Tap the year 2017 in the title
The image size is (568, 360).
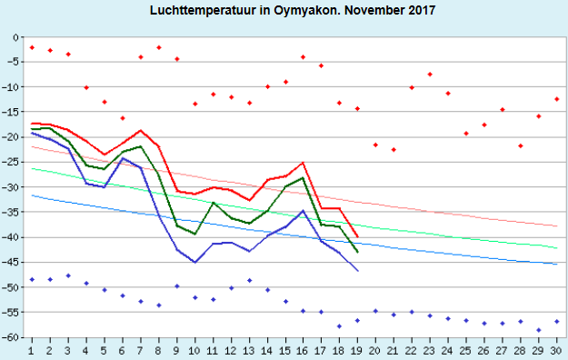tap(422, 10)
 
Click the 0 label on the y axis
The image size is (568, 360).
tap(15, 37)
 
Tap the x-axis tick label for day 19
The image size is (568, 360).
tap(356, 351)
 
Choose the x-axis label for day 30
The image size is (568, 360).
tap(555, 351)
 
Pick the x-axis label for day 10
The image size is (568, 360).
tap(194, 351)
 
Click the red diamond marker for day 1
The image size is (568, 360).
tap(32, 47)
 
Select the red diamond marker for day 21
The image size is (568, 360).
tap(394, 150)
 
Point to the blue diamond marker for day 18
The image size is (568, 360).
tap(339, 326)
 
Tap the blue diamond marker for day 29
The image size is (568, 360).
tap(539, 330)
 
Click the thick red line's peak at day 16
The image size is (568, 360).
tap(304, 163)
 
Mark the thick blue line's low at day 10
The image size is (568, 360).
tap(194, 262)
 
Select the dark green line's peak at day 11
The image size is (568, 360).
tap(213, 203)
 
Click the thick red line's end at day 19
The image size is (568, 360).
tap(357, 236)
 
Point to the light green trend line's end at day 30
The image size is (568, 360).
tap(557, 248)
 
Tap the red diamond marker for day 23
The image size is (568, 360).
tap(430, 75)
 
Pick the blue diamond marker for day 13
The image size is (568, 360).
tap(249, 280)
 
